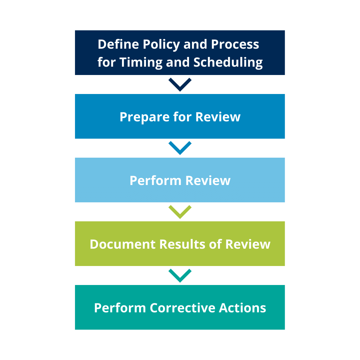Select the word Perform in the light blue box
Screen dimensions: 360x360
[156, 180]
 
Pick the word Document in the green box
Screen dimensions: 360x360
[123, 244]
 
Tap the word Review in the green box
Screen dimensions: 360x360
[248, 244]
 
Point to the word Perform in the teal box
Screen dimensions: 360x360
[120, 308]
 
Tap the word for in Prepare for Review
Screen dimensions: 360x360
[182, 117]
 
